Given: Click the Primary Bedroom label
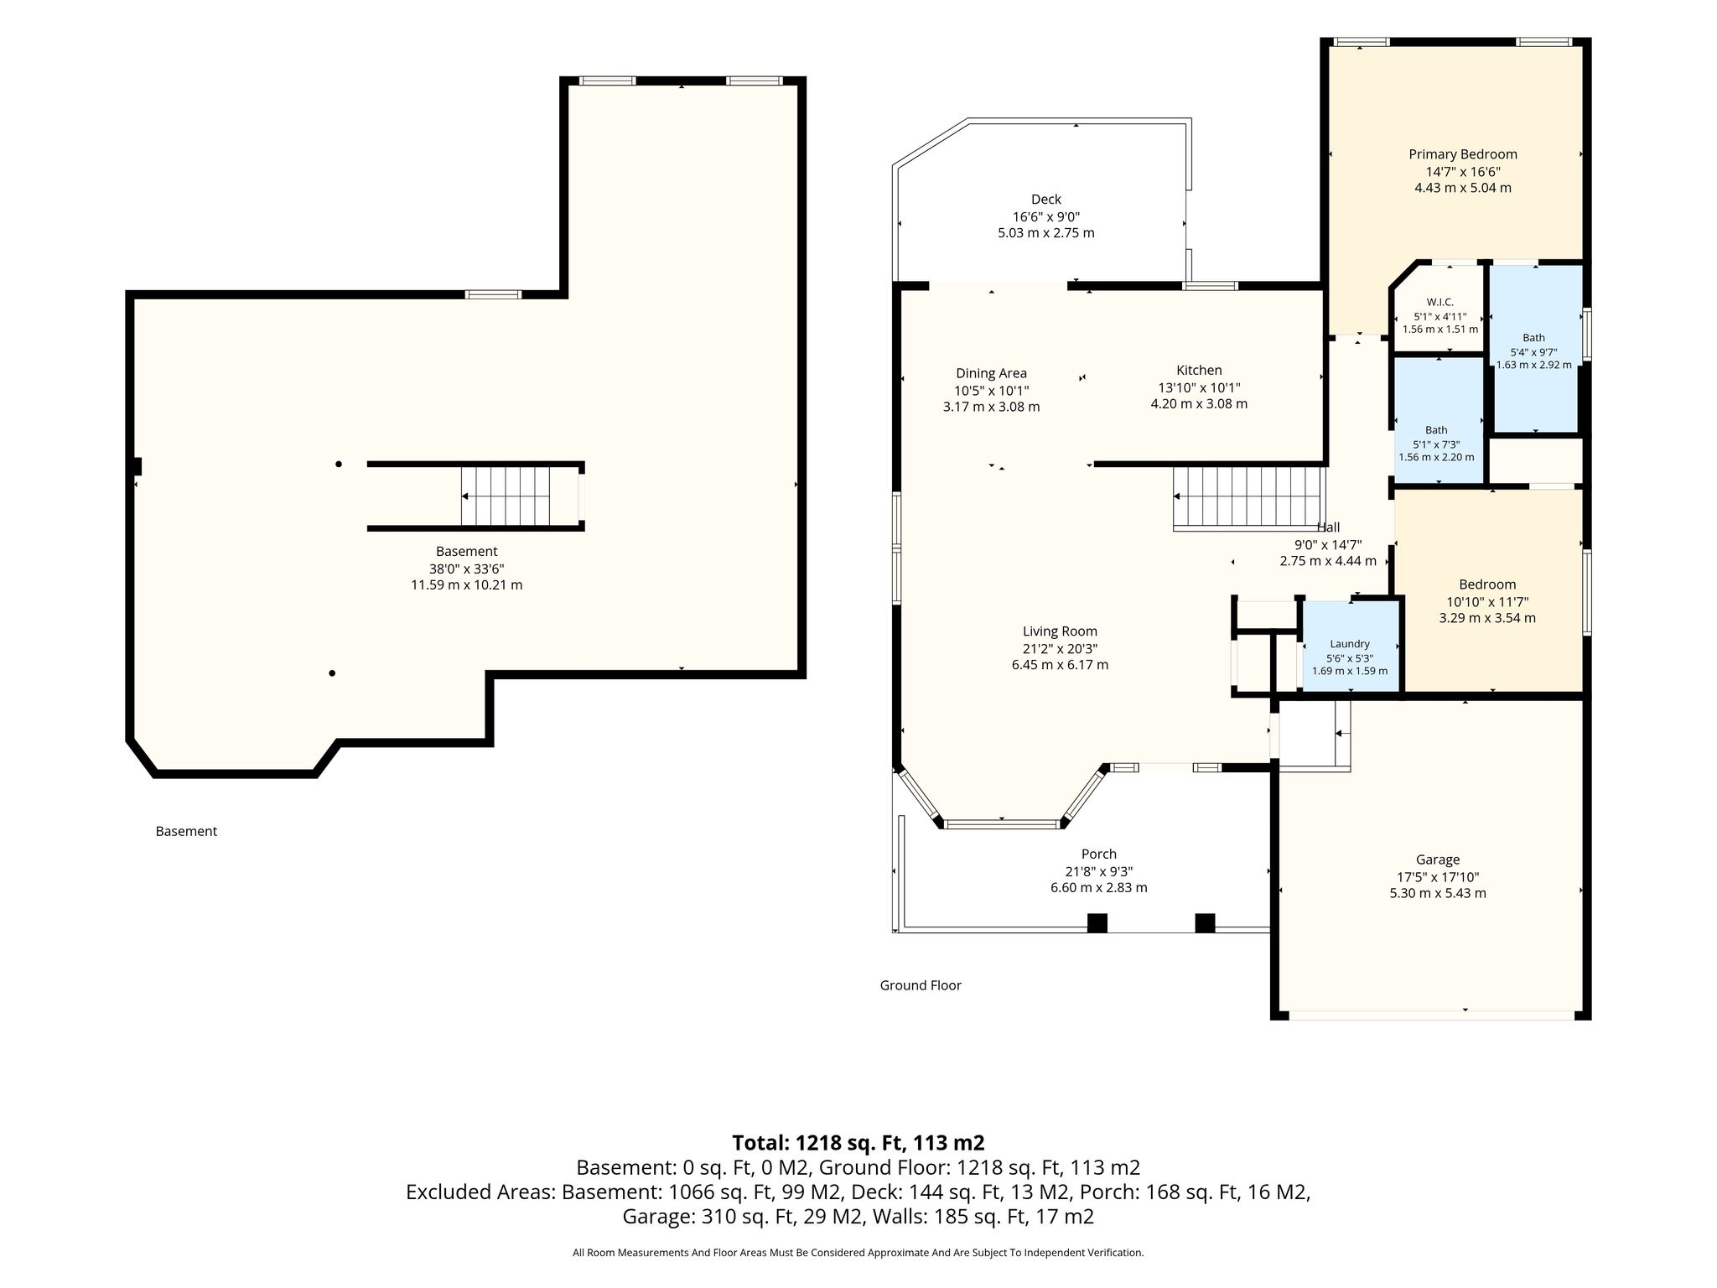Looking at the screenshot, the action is click(1463, 154).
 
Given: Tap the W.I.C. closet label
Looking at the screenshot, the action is click(1439, 302).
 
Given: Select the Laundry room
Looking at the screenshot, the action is click(1350, 646).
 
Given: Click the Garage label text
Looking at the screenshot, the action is click(1438, 860).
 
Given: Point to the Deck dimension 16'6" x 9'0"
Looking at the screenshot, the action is click(1046, 216).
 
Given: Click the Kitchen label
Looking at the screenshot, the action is click(1199, 371).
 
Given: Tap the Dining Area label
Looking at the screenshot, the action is click(991, 374).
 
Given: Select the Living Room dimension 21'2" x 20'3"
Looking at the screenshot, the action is click(1060, 648).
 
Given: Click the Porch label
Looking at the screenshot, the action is click(1099, 854).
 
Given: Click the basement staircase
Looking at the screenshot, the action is click(506, 496).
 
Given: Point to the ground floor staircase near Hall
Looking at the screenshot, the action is click(1248, 498).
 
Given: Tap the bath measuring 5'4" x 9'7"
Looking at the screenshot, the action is click(1534, 349).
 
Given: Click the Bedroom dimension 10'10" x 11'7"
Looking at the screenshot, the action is click(1487, 601).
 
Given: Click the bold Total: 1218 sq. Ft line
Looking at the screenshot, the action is click(858, 1143).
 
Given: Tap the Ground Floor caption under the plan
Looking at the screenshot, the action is click(921, 985).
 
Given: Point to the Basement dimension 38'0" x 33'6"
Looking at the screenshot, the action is click(466, 569).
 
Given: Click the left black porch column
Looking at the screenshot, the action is click(1097, 923).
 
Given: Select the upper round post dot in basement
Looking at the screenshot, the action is click(339, 464).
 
